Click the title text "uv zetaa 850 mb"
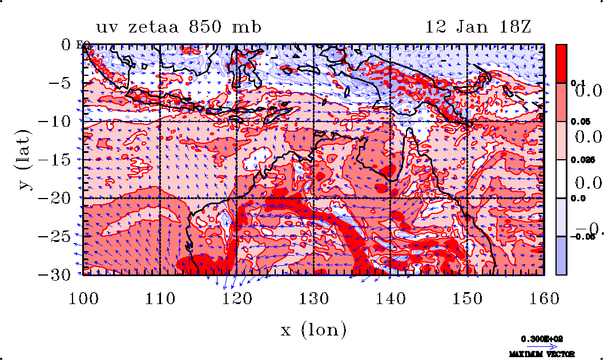pos(179,27)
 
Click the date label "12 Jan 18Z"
pos(478,27)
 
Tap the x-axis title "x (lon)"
pos(313,329)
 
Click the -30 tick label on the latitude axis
pos(57,274)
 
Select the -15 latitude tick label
pos(57,160)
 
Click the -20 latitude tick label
pos(57,198)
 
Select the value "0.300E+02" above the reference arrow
pos(542,338)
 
